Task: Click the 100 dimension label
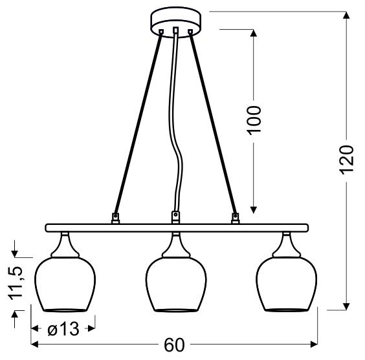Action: [x=254, y=119]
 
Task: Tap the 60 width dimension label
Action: [x=174, y=345]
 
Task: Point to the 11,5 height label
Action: [x=16, y=282]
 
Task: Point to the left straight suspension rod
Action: [x=136, y=123]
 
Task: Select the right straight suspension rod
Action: [x=214, y=123]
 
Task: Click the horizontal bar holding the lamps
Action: [x=175, y=228]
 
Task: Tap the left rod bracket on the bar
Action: [x=116, y=217]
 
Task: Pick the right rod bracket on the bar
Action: [x=234, y=217]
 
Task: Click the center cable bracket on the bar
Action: [x=175, y=217]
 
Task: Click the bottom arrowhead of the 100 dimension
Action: [x=254, y=208]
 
